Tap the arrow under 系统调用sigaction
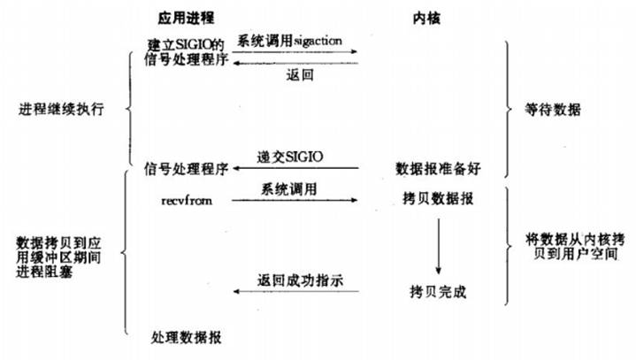296,52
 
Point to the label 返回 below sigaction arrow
299,76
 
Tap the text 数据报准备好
437,168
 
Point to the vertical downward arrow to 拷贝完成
437,246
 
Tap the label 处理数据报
186,337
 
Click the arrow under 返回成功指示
296,292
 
